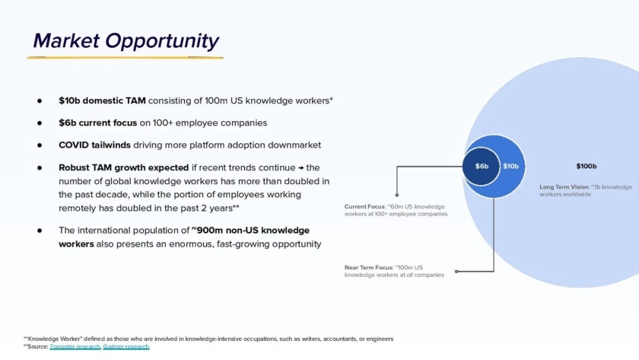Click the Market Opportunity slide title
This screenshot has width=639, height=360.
pyautogui.click(x=126, y=41)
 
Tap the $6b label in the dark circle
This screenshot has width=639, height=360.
pyautogui.click(x=482, y=167)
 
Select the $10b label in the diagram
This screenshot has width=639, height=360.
pyautogui.click(x=510, y=167)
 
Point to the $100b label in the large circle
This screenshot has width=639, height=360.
pyautogui.click(x=586, y=166)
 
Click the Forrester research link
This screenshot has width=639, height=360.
pyautogui.click(x=75, y=346)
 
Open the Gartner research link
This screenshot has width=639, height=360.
pyautogui.click(x=126, y=346)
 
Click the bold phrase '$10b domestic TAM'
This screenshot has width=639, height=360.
pyautogui.click(x=102, y=100)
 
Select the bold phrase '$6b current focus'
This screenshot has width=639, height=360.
pyautogui.click(x=98, y=123)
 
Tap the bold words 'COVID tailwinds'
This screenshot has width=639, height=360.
pyautogui.click(x=94, y=145)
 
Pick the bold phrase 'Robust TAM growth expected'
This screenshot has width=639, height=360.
pyautogui.click(x=123, y=167)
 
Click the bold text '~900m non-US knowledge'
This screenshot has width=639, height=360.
pyautogui.click(x=250, y=231)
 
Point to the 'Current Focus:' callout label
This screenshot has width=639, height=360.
pyautogui.click(x=364, y=207)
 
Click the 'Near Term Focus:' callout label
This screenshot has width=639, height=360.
pyautogui.click(x=369, y=268)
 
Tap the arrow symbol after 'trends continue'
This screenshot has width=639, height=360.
pyautogui.click(x=300, y=168)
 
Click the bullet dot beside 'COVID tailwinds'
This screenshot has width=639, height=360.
pyautogui.click(x=40, y=145)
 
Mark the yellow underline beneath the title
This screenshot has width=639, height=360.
pyautogui.click(x=125, y=58)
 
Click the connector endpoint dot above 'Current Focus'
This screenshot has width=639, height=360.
pyautogui.click(x=397, y=195)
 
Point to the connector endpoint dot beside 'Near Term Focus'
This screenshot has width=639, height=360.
pyautogui.click(x=456, y=271)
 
